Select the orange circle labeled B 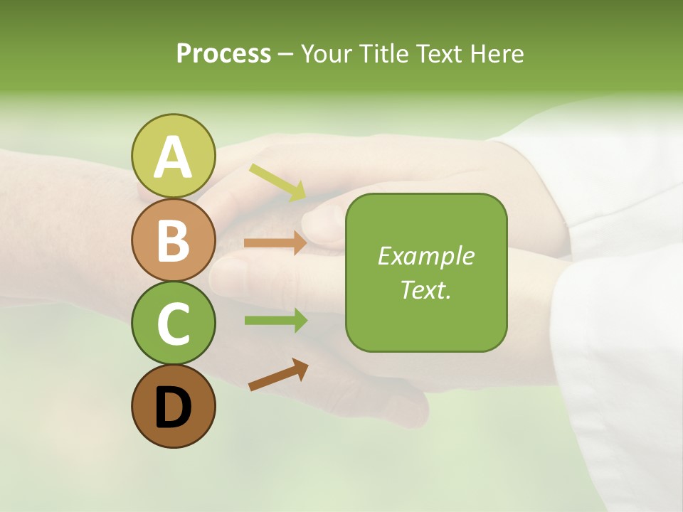(x=173, y=240)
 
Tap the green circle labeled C (x=173, y=323)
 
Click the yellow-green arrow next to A (x=277, y=182)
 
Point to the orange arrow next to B (x=275, y=242)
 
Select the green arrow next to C (x=275, y=320)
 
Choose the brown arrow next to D (x=278, y=375)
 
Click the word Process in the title (x=223, y=53)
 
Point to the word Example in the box (x=425, y=256)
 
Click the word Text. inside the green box (x=425, y=290)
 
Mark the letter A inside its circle (x=173, y=156)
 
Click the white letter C (x=173, y=324)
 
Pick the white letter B (x=173, y=240)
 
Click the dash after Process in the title (x=285, y=54)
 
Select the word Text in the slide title (x=434, y=53)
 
